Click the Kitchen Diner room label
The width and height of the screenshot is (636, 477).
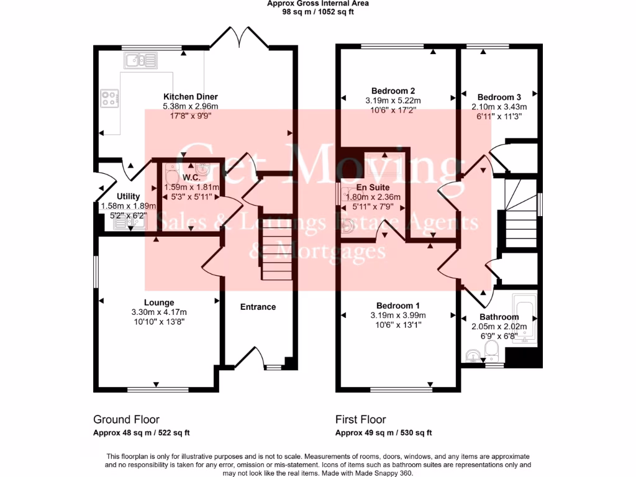pyautogui.click(x=190, y=97)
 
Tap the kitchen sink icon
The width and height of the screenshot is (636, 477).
pyautogui.click(x=141, y=60)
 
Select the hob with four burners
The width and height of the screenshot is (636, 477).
pyautogui.click(x=110, y=98)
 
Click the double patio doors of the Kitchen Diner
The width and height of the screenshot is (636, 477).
pyautogui.click(x=239, y=39)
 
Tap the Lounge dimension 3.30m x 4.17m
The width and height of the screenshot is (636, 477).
pyautogui.click(x=159, y=312)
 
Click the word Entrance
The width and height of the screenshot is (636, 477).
pyautogui.click(x=258, y=307)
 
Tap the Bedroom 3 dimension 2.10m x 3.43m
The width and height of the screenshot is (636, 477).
pyautogui.click(x=499, y=106)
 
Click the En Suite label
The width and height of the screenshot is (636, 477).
pyautogui.click(x=373, y=187)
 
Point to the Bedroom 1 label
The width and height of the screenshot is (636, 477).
pyautogui.click(x=398, y=306)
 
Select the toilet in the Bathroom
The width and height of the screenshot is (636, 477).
pyautogui.click(x=491, y=350)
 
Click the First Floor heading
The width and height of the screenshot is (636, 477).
pyautogui.click(x=361, y=420)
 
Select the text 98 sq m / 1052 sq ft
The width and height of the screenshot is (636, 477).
pyautogui.click(x=318, y=11)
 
